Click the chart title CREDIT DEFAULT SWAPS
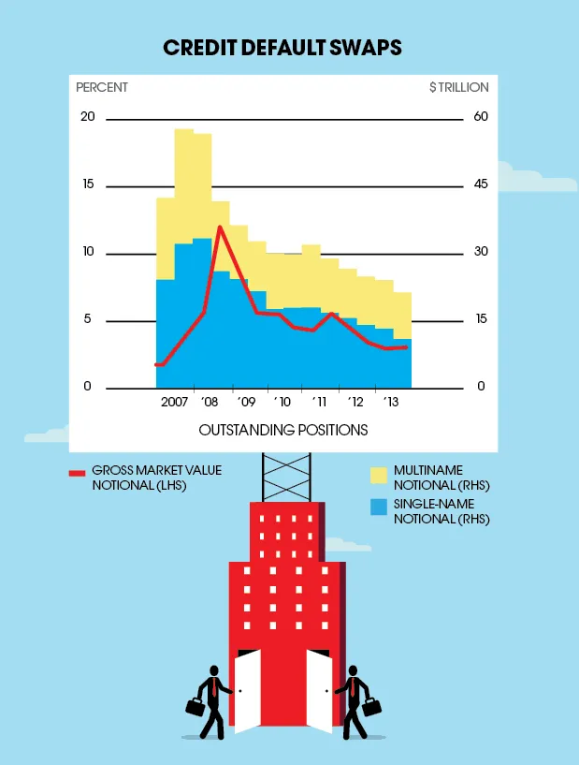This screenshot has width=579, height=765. click(x=282, y=48)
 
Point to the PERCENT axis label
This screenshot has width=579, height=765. click(x=102, y=87)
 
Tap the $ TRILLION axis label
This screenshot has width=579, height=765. click(x=458, y=87)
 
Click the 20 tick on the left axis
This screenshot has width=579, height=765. click(x=88, y=117)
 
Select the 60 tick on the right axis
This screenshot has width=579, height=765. click(x=481, y=117)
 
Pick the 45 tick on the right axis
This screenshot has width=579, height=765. click(x=481, y=184)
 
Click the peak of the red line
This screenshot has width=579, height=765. click(x=220, y=227)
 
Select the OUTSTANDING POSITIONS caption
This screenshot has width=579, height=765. click(x=282, y=430)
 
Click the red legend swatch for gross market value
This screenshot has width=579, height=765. click(x=78, y=473)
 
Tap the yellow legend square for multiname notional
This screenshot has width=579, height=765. click(x=379, y=476)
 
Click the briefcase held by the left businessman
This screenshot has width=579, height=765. click(x=195, y=707)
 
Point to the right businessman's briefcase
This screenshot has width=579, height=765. click(x=370, y=706)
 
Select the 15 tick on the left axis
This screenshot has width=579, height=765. click(x=88, y=184)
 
